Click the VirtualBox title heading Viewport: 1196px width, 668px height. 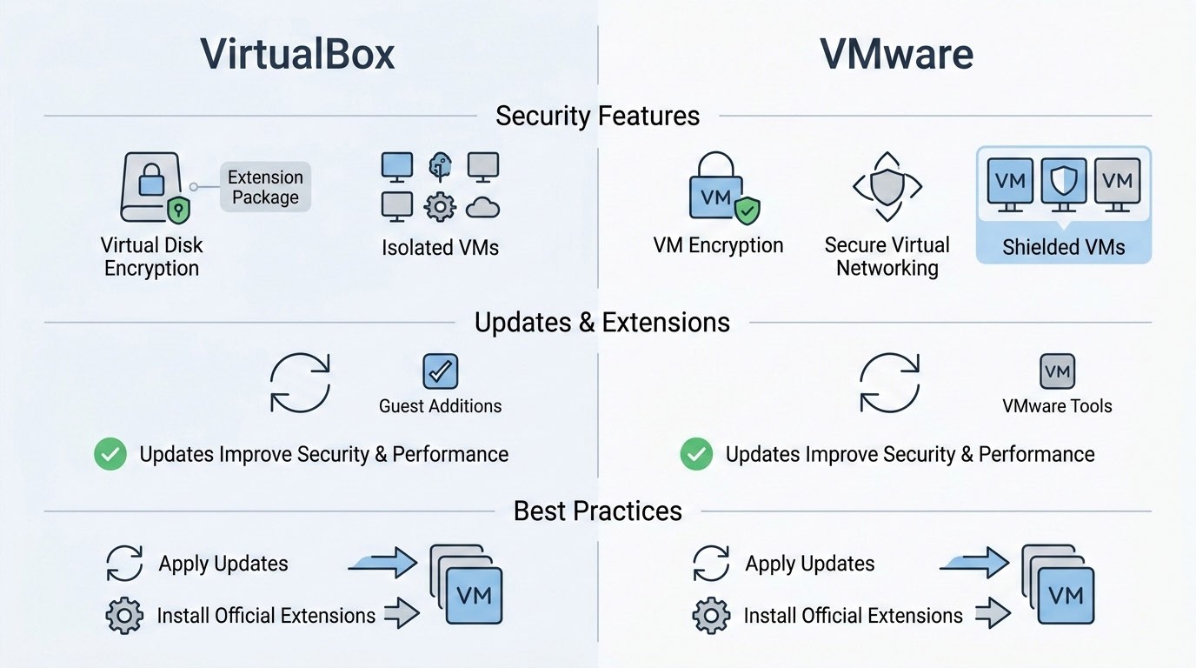[298, 54]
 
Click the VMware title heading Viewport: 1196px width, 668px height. [896, 54]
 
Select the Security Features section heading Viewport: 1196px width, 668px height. [597, 116]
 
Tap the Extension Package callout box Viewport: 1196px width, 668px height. [265, 187]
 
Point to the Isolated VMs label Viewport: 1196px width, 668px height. [440, 248]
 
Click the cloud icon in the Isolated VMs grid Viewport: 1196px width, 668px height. [482, 207]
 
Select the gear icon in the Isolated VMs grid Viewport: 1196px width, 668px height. [440, 207]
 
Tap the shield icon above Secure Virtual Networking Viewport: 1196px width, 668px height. [887, 186]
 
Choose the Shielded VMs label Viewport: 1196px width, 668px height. [1063, 247]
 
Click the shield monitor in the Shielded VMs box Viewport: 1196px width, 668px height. [1064, 182]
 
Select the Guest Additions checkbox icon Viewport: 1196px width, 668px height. [440, 371]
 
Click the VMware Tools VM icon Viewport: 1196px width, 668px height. [1057, 371]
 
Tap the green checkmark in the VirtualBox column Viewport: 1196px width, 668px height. [110, 454]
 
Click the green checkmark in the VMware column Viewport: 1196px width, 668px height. [696, 454]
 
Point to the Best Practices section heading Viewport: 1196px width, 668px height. [597, 511]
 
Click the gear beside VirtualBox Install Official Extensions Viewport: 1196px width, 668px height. [124, 616]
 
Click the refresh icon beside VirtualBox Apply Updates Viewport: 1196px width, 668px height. [124, 564]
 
